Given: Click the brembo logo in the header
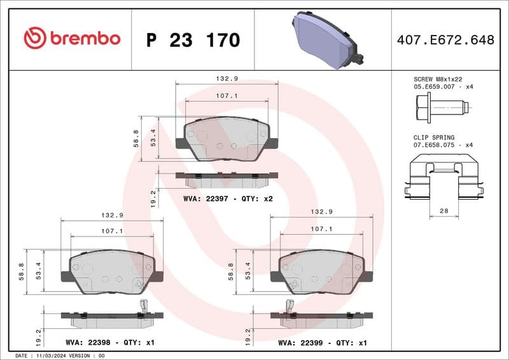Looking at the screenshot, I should tap(71, 38).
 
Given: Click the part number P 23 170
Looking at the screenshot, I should tap(193, 40).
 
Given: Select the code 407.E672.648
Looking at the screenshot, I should tap(445, 40).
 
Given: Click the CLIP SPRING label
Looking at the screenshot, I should tap(435, 137).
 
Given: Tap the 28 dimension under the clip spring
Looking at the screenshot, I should tap(444, 210).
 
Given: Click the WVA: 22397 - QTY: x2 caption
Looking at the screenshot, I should tap(228, 198).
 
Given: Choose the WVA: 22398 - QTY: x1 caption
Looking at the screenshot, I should tap(110, 342).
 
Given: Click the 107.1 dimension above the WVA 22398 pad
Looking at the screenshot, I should tap(112, 232).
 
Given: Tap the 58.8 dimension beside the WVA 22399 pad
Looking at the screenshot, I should tap(232, 271).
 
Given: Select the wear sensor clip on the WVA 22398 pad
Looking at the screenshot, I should tap(144, 307).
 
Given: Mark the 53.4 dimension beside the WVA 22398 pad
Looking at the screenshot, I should tap(38, 271).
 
